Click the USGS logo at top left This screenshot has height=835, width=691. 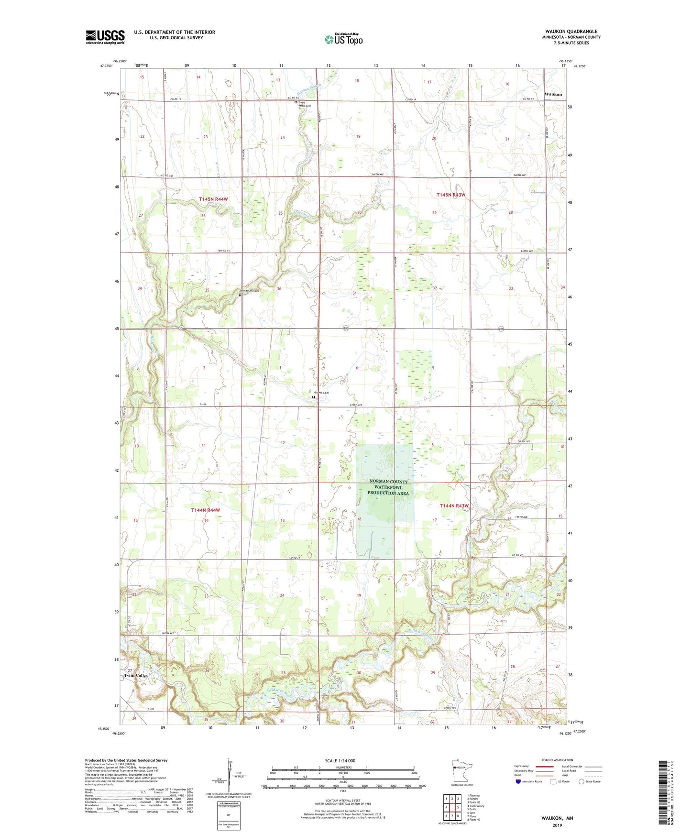105,37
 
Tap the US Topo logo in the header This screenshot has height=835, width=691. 343,39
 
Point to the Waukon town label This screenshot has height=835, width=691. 553,94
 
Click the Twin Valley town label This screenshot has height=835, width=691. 136,676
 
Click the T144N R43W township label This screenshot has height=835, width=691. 454,505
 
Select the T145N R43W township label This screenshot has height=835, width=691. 451,195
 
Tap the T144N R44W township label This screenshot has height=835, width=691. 206,510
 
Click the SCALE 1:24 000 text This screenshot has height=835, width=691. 340,760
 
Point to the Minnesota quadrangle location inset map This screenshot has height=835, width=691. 461,771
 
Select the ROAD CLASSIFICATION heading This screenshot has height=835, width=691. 557,760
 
